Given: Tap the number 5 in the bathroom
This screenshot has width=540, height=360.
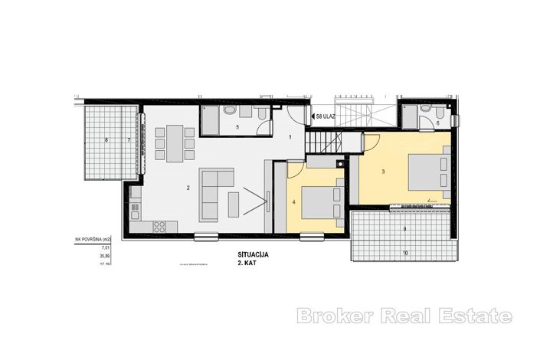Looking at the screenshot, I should click(x=238, y=126).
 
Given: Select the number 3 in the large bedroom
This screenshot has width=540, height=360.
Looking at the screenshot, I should click(x=382, y=172).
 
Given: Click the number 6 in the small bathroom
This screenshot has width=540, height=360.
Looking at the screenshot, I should click(x=437, y=123).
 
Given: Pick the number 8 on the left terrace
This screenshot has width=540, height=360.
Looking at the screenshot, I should click(x=106, y=139).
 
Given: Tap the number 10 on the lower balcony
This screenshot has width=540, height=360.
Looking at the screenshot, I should click(x=406, y=253).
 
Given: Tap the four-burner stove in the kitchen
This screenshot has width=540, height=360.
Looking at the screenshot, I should click(x=161, y=227).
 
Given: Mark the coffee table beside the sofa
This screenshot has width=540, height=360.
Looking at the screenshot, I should click(x=236, y=205).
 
